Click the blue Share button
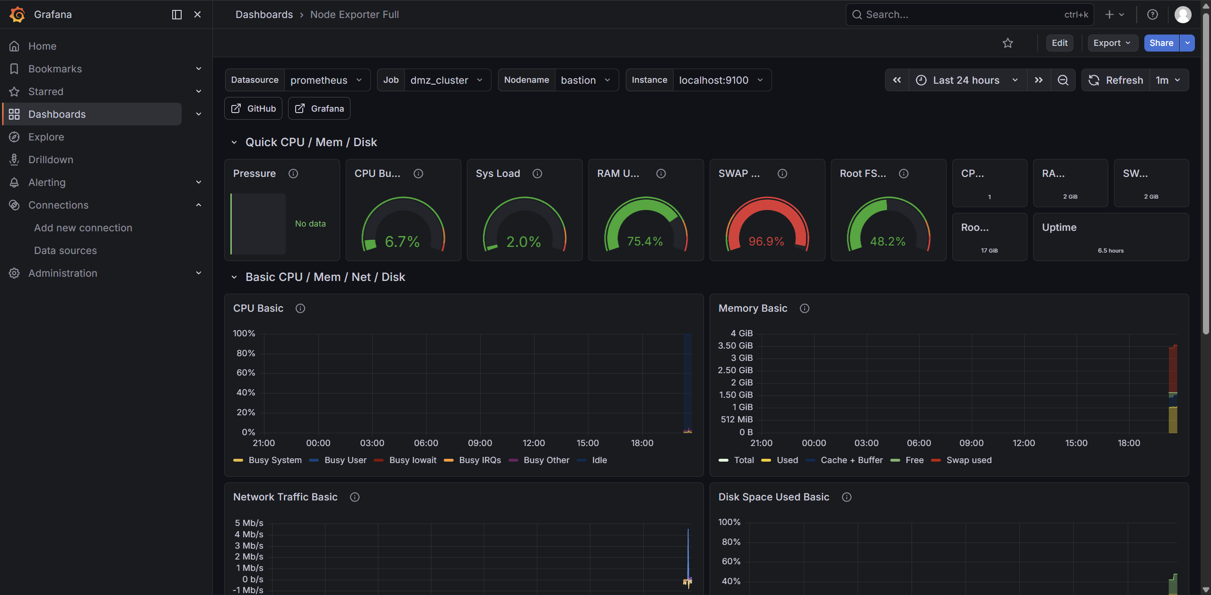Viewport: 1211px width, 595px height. click(x=1161, y=43)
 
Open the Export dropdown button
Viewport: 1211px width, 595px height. click(x=1112, y=43)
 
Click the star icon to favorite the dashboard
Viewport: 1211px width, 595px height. click(x=1008, y=43)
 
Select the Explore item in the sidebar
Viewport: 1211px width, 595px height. click(x=46, y=137)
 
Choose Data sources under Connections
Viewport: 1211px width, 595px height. click(x=65, y=250)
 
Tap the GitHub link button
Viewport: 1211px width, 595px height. click(x=254, y=108)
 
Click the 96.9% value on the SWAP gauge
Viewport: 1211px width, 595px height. click(x=766, y=242)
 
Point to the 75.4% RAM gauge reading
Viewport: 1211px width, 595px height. click(x=645, y=242)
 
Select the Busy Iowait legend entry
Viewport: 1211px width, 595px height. click(x=405, y=460)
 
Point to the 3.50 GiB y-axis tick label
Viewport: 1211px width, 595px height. click(x=735, y=346)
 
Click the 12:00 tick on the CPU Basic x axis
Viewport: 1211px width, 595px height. click(x=534, y=443)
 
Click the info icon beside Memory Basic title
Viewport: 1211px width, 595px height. click(x=804, y=308)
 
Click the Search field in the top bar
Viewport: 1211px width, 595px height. click(x=970, y=15)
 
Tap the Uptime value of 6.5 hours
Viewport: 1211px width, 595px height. click(x=1111, y=251)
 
